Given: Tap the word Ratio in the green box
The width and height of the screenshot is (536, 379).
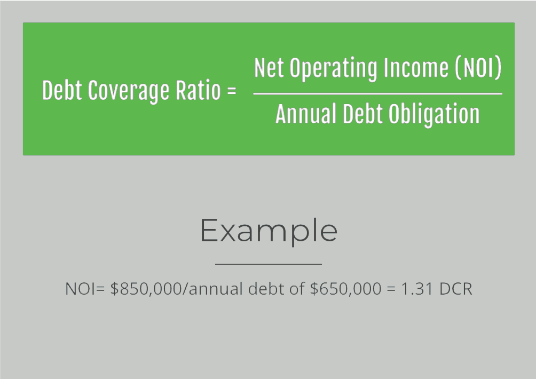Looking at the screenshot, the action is tap(198, 90).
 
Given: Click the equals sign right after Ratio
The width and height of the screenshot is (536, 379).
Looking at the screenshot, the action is tap(231, 91).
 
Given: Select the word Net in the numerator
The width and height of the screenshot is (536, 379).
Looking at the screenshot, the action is tap(269, 67).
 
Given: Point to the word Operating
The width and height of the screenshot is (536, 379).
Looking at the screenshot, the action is tap(334, 68).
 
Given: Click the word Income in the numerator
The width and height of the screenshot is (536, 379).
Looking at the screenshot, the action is tap(416, 67).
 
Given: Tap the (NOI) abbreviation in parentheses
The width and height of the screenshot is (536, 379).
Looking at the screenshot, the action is tap(478, 67).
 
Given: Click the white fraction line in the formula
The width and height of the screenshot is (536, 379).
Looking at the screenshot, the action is tap(378, 93).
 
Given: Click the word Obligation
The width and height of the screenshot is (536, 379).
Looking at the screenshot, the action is tap(434, 114).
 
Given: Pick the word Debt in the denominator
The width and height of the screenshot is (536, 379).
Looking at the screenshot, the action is tap(362, 114).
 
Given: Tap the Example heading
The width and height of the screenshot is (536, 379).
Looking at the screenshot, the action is tap(269, 232).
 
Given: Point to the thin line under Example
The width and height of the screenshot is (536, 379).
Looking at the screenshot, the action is tap(269, 264).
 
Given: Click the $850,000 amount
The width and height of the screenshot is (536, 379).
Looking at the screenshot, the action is tap(146, 289).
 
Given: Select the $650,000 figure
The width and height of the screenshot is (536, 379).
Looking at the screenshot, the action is tap(345, 289).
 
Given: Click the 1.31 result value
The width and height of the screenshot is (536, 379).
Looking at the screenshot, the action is tap(417, 289).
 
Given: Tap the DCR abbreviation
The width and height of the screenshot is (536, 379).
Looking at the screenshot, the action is tap(456, 289).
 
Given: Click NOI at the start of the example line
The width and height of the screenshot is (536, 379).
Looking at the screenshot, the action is tap(80, 289).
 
